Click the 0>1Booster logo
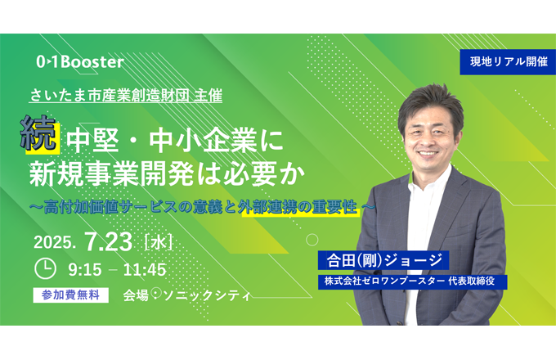tap(80, 61)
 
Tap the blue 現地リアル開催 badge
tap(508, 61)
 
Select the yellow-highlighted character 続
tap(39, 134)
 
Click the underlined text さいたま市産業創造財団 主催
tap(126, 96)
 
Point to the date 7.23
tap(109, 241)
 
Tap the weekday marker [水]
tap(159, 243)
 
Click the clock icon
tap(46, 269)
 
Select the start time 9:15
tap(85, 270)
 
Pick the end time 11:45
tap(145, 270)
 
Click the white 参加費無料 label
tap(70, 295)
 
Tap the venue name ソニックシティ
tap(207, 295)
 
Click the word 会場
tap(136, 295)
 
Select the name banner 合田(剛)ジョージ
tap(383, 260)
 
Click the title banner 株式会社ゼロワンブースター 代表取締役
tap(412, 281)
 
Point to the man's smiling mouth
tap(428, 154)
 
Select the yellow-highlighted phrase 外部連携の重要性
tap(301, 207)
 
